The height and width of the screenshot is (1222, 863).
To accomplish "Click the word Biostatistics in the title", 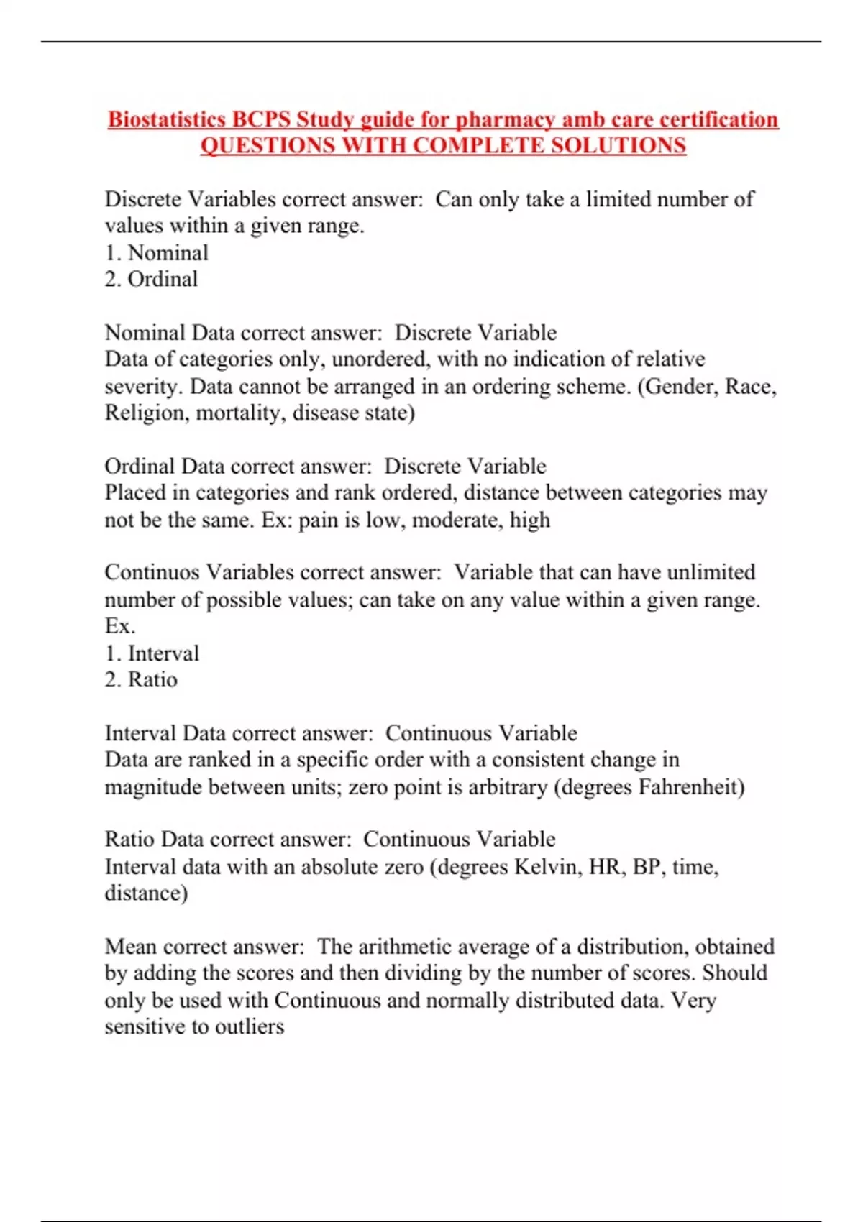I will pos(167,119).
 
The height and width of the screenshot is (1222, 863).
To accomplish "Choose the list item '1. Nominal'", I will pos(157,253).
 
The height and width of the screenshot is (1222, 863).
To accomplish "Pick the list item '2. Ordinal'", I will pos(151,279).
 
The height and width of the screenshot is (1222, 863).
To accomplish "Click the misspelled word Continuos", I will pos(152,573).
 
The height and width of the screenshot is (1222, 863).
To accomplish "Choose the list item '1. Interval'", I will pos(152,653).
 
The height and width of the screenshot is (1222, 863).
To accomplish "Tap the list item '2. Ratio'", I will pos(141,680).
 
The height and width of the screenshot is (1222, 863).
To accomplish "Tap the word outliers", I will pos(249,1027).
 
